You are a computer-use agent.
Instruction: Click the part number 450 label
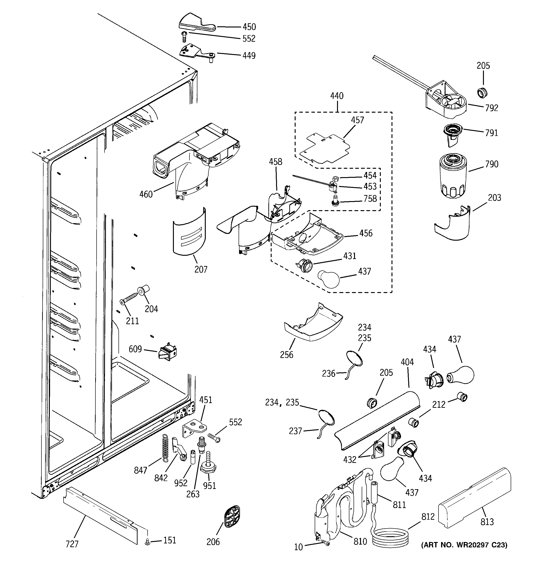pyautogui.click(x=249, y=27)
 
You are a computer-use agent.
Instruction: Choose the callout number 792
pyautogui.click(x=492, y=108)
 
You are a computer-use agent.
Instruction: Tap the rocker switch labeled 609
pyautogui.click(x=168, y=352)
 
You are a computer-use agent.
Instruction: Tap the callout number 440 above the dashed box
pyautogui.click(x=337, y=96)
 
